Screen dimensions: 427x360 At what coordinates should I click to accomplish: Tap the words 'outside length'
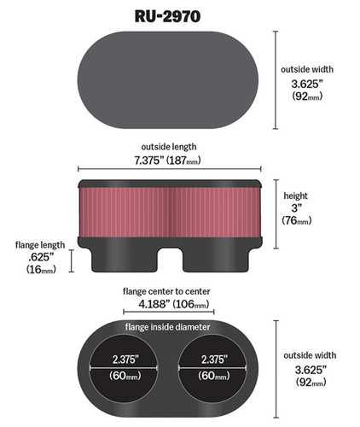176,147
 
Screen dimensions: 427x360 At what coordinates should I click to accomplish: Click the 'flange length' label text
35,243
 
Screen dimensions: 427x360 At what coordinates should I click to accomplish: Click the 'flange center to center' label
176,290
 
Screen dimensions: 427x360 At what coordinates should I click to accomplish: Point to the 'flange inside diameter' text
176,327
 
